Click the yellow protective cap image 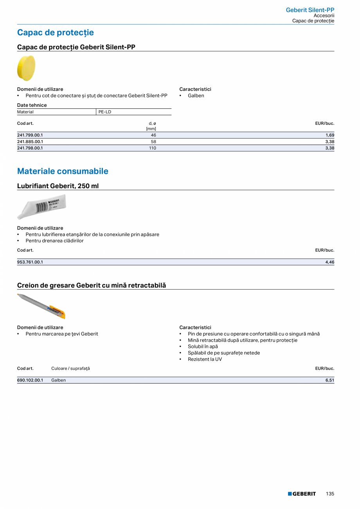coord(26,68)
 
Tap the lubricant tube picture coord(42,206)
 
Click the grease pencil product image coord(41,306)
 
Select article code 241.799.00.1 coord(30,135)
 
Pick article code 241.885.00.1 coord(30,142)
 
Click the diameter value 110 coord(152,148)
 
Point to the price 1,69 coord(329,135)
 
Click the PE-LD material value coord(105,112)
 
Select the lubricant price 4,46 coord(329,262)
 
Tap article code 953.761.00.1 coord(30,262)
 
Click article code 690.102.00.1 coord(30,380)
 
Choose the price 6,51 coord(329,380)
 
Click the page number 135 coord(330,494)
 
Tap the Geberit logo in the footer coord(302,494)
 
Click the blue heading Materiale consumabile coord(63,171)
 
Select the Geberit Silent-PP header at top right coord(310,10)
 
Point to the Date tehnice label coord(32,105)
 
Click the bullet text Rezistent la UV coord(205,359)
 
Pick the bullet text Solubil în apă coord(203,347)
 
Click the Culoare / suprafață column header coord(70,369)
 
